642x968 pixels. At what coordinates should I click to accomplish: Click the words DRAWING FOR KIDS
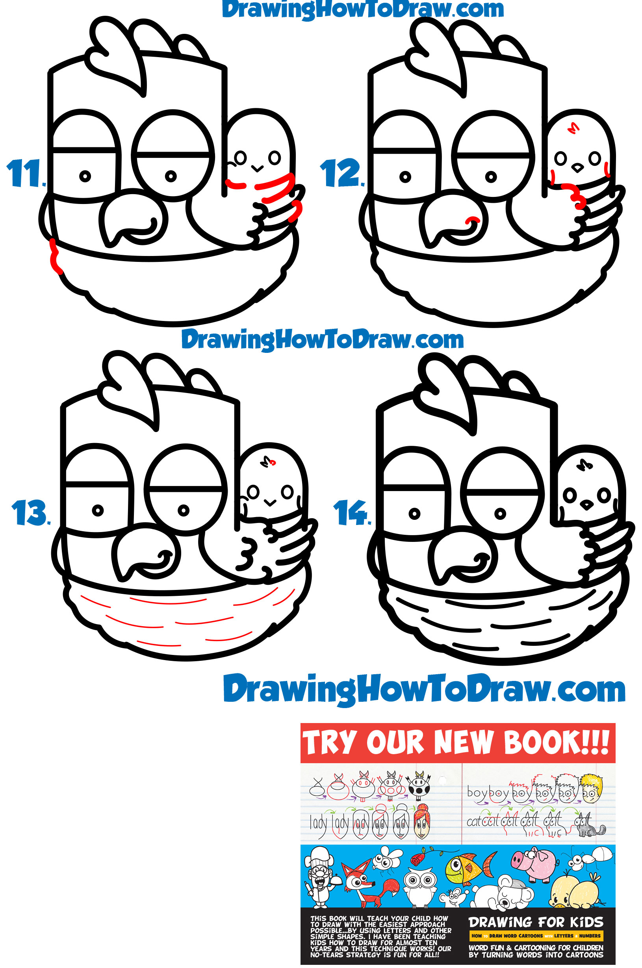tap(536, 922)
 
